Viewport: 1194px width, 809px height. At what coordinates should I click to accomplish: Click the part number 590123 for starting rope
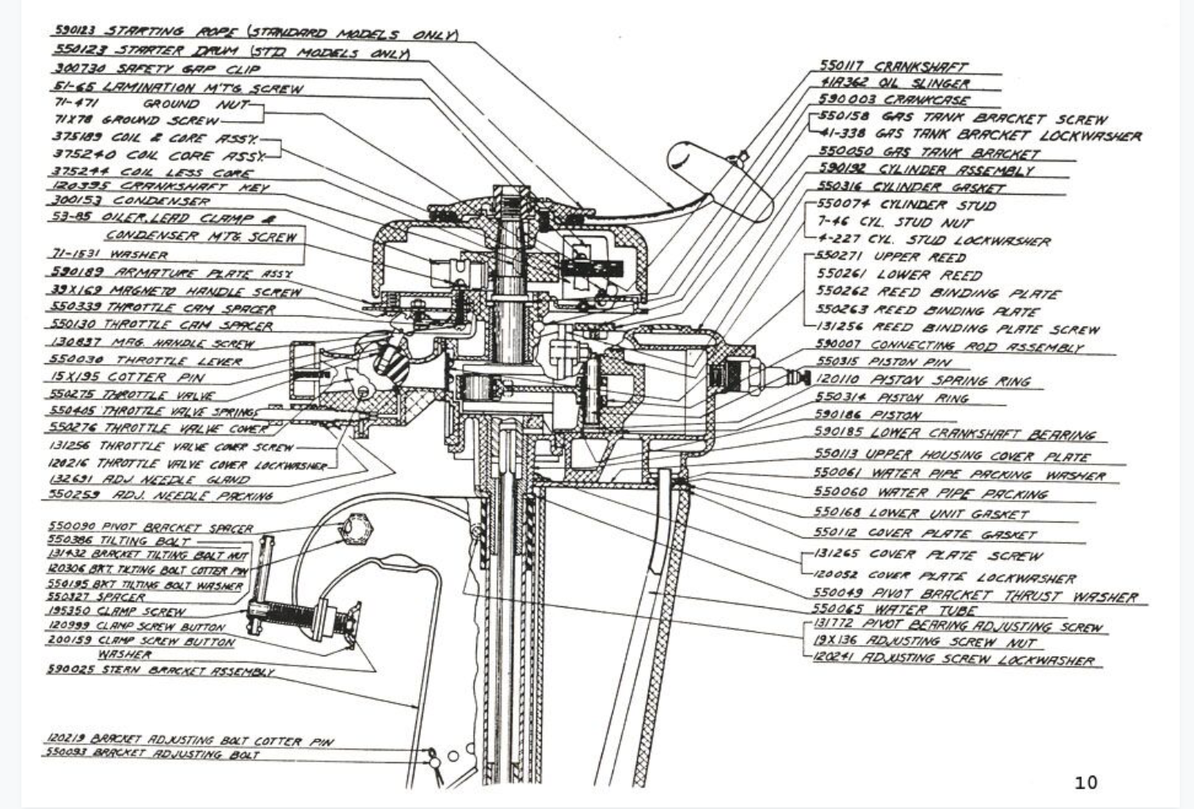pos(74,31)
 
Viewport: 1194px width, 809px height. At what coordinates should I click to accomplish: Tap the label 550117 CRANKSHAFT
pos(893,67)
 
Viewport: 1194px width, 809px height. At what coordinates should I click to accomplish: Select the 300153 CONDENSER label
pos(131,201)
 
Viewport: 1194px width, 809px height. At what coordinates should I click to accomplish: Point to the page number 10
pos(1085,783)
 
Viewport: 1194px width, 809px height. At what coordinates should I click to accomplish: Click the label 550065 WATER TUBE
pos(895,610)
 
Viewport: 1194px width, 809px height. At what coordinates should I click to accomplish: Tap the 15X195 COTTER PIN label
pos(128,378)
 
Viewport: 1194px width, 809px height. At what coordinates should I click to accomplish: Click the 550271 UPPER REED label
pos(891,257)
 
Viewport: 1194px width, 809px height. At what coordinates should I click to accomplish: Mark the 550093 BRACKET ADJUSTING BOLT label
pos(151,754)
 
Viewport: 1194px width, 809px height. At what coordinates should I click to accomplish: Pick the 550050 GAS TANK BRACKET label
pos(928,152)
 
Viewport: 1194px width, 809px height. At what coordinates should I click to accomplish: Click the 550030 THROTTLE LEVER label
pos(134,361)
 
